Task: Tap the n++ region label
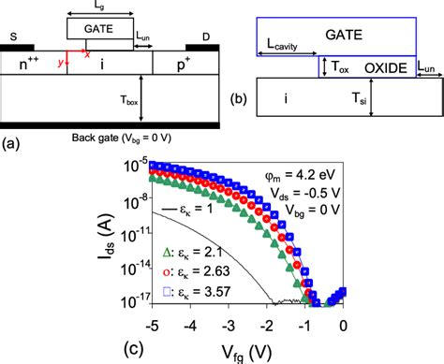[35, 66]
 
